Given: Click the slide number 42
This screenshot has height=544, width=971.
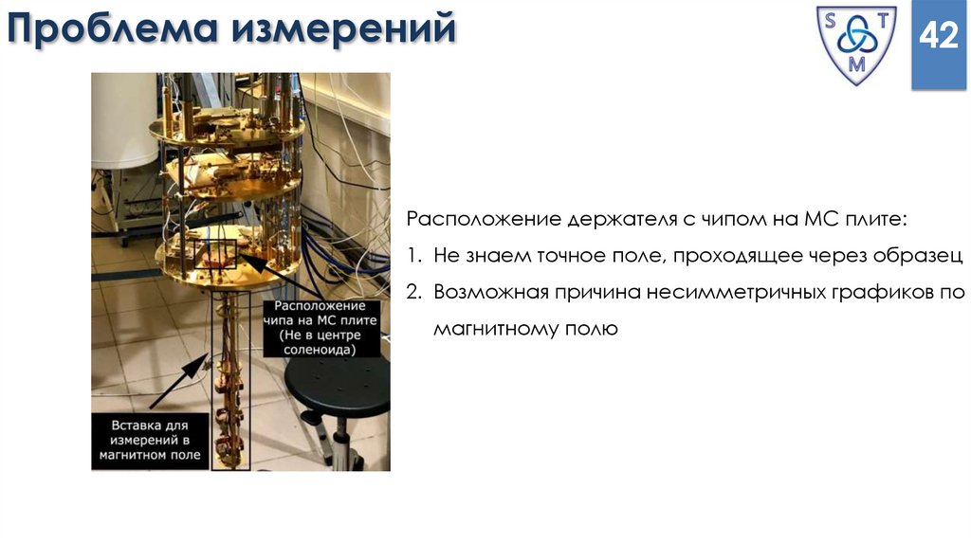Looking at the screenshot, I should (x=938, y=39).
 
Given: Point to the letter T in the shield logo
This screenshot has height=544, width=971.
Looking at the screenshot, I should (x=882, y=21).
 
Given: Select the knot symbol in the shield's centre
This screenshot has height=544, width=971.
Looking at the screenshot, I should (x=856, y=40).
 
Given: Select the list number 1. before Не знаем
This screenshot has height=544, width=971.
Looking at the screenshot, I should (x=413, y=255).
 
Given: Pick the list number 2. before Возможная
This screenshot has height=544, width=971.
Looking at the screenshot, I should (x=414, y=291).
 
